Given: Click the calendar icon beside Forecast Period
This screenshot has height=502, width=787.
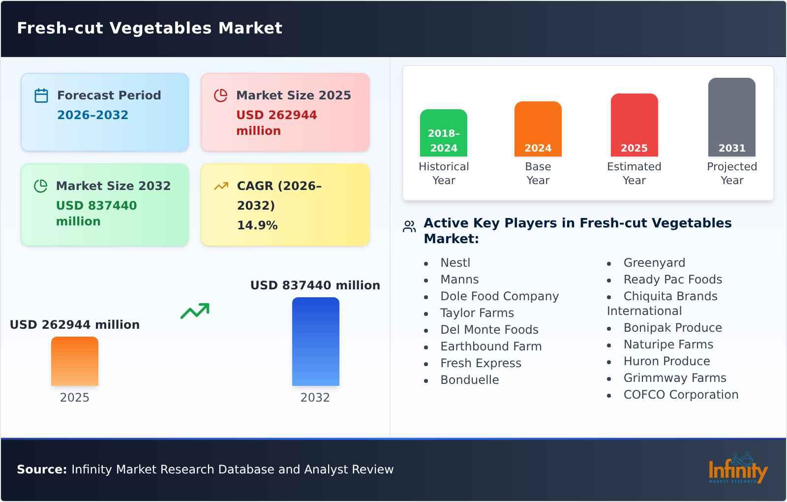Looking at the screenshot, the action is tap(41, 95).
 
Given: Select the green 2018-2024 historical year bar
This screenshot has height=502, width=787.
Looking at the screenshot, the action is tap(443, 133).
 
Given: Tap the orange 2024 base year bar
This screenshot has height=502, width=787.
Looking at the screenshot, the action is tap(538, 129).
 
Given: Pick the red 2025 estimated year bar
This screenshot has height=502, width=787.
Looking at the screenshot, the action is tap(634, 125).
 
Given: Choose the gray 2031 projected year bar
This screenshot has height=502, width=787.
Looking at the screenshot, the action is tap(731, 117).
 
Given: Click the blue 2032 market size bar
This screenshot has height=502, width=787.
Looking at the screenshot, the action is tap(315, 342).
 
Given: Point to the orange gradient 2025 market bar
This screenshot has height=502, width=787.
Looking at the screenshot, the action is tap(74, 361).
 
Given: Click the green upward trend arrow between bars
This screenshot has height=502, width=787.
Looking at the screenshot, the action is tap(195, 311).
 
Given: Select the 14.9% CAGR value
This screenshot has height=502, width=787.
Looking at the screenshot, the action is tap(257, 225).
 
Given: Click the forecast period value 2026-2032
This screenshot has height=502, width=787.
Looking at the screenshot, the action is tap(93, 115).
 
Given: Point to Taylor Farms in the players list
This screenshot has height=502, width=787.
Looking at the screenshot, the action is tap(477, 313).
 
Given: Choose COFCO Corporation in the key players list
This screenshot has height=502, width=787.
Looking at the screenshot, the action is tap(681, 394).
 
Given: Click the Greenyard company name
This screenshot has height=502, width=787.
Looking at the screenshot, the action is tap(654, 263).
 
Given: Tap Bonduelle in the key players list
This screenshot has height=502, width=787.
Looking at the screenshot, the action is tap(469, 379).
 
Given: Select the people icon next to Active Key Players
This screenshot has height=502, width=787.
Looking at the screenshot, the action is tap(409, 227).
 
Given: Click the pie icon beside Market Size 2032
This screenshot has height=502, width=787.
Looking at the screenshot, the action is tap(40, 186).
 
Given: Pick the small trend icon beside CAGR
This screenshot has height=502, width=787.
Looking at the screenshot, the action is tap(221, 186).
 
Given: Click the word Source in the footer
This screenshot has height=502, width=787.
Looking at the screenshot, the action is tap(42, 470).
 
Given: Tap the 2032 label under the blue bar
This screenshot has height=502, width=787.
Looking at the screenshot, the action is tap(315, 397).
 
